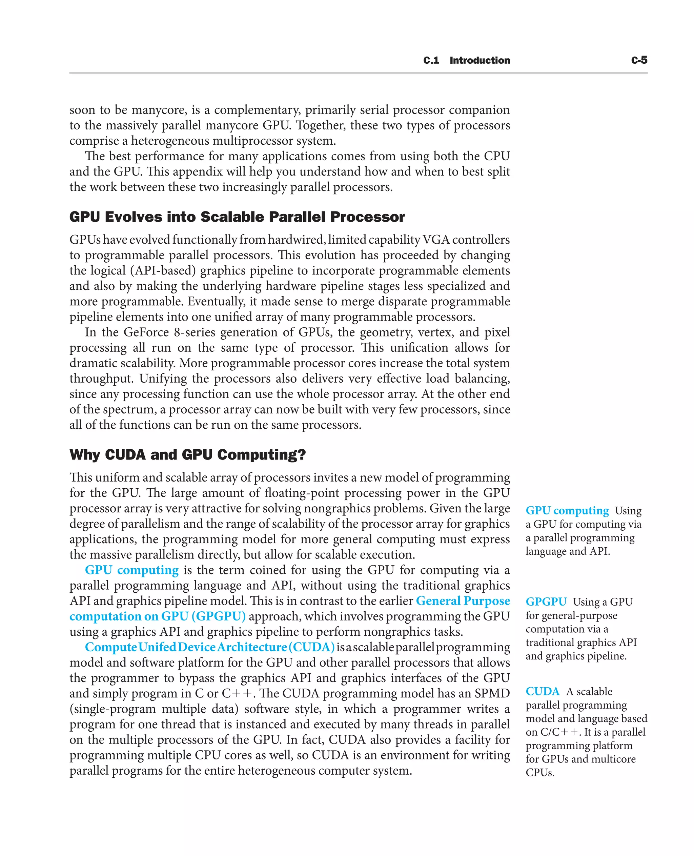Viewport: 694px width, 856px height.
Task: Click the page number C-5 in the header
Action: [639, 60]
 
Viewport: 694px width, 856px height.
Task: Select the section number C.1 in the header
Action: [431, 60]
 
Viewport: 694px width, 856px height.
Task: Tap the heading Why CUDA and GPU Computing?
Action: [187, 454]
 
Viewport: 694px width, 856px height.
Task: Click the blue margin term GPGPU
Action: [546, 602]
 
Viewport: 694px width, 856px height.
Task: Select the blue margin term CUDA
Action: [542, 691]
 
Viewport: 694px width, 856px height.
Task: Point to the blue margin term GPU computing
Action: [567, 511]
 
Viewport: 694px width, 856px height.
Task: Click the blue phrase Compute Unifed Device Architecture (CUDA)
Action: [209, 647]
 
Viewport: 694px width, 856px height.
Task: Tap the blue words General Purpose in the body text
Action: [463, 600]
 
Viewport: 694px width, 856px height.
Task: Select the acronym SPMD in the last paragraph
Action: [492, 693]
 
